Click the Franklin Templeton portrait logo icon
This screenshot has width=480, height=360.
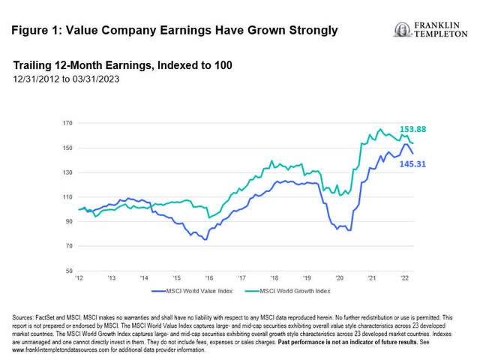401,30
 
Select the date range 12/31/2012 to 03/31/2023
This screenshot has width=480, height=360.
65,79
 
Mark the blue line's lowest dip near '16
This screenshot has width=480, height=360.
205,239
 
